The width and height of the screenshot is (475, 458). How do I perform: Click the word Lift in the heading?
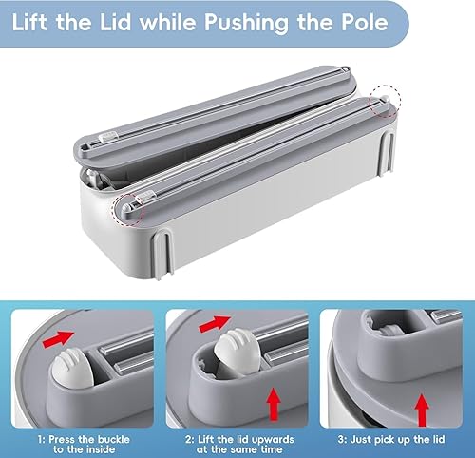tap(29, 22)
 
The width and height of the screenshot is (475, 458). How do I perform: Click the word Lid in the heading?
tap(116, 22)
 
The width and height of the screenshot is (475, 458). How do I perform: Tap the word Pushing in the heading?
tap(246, 23)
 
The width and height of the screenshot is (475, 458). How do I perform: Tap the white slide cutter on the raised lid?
tap(108, 137)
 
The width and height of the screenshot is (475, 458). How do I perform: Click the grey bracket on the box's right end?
tap(387, 153)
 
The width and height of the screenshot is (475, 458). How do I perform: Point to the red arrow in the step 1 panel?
tap(58, 338)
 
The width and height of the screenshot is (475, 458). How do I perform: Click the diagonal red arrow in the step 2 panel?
tap(215, 324)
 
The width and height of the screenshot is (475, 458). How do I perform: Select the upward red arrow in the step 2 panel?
tap(274, 405)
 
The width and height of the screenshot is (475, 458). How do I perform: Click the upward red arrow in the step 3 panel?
tap(422, 410)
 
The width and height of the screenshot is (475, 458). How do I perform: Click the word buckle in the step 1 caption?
tap(114, 440)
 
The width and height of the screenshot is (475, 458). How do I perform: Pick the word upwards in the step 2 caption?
tap(274, 440)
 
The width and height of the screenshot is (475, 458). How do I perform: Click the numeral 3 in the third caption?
tap(341, 440)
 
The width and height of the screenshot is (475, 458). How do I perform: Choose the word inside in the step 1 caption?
tap(100, 449)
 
